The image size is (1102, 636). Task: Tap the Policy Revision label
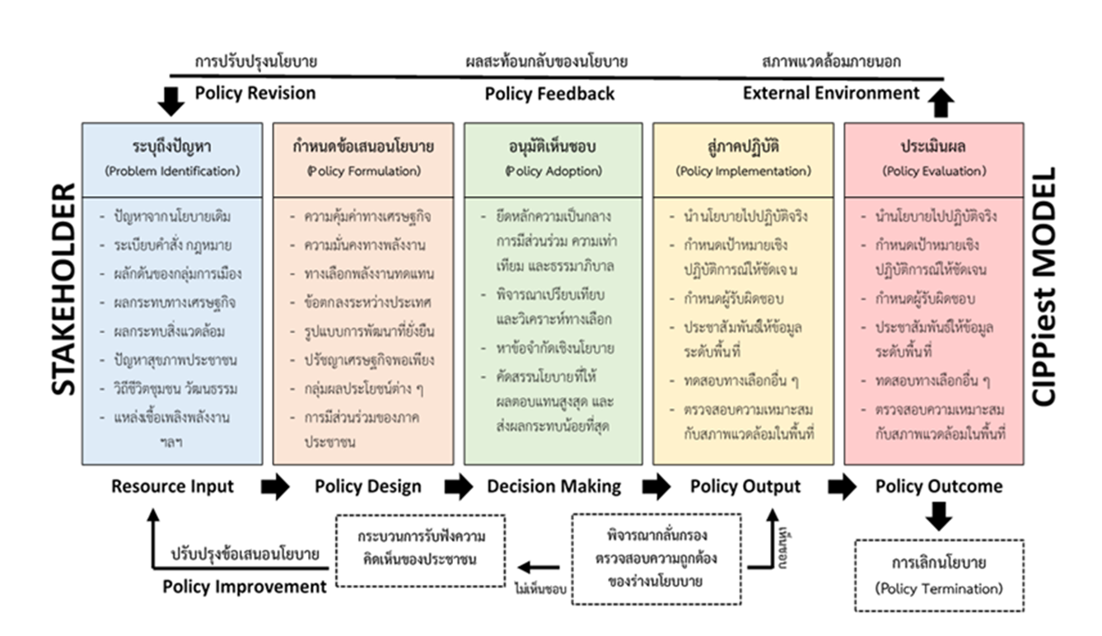point(255,93)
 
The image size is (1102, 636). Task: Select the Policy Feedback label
point(549,93)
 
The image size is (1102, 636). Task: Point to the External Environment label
point(830,93)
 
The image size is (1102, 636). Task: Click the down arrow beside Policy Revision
point(170,101)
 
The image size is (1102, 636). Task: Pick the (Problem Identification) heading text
point(172,171)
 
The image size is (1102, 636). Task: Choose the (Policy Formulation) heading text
point(363,171)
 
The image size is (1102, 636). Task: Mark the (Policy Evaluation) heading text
point(934,171)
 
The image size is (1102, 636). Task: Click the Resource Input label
point(172,487)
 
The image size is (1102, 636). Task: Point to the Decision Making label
point(554,487)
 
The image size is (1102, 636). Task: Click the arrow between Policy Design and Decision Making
point(458,487)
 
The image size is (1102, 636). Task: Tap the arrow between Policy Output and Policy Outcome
point(842,487)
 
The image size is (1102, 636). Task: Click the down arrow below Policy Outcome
point(938,517)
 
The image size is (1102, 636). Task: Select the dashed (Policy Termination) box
point(938,575)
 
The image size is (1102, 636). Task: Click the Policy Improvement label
point(245,587)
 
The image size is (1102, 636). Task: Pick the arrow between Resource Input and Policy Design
point(275,487)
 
